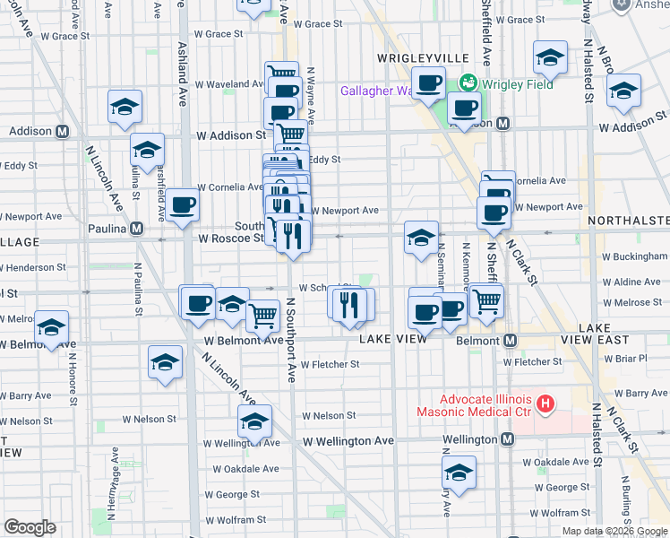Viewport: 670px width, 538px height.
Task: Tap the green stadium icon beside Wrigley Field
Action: (467, 84)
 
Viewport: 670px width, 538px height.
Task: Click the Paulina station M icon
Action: (136, 228)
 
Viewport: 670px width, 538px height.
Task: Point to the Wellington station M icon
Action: (508, 439)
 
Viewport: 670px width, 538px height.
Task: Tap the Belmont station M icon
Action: (511, 341)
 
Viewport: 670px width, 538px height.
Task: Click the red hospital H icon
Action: (545, 405)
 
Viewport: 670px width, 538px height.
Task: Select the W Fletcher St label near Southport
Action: (330, 364)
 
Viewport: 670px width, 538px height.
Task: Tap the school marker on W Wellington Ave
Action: (254, 421)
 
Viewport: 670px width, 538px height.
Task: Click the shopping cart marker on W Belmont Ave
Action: (262, 314)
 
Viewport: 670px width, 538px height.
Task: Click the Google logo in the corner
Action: (30, 527)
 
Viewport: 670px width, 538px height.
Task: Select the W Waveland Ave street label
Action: (228, 84)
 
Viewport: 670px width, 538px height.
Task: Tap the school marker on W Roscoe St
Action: (421, 238)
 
